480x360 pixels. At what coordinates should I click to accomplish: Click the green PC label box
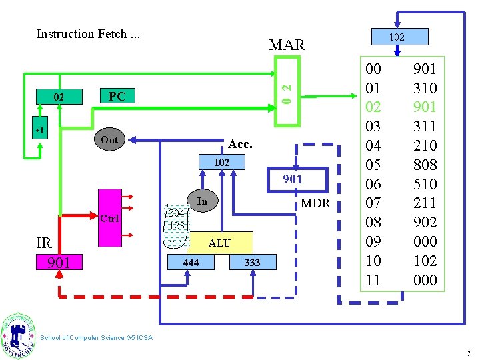pos(117,96)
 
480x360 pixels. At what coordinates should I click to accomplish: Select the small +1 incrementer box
pos(40,127)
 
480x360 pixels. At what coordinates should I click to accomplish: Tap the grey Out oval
pos(109,139)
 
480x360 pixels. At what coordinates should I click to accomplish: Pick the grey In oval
pos(203,201)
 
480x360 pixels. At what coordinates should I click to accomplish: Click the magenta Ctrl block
pos(110,218)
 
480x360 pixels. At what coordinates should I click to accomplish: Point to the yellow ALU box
pos(220,243)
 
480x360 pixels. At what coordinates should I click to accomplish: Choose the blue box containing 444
pos(191,262)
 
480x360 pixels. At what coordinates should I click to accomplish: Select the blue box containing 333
pos(253,262)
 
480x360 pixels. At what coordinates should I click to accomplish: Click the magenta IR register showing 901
pos(59,262)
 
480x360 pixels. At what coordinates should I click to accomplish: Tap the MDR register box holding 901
pos(297,180)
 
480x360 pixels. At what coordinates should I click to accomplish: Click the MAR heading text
pos(287,45)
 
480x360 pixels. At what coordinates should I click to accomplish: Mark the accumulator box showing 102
pos(221,162)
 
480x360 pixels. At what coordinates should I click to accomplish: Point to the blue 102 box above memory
pos(400,37)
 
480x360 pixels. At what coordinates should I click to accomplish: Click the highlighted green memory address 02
pos(373,107)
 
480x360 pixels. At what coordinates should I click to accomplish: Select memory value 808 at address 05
pos(425,165)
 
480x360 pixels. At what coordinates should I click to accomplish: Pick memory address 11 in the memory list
pos(373,280)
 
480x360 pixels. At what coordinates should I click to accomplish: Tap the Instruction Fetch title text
pos(88,34)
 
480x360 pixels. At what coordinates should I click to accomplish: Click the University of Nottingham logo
pos(18,335)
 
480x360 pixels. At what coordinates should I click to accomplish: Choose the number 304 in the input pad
pos(177,213)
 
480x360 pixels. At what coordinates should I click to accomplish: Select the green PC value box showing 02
pos(59,97)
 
